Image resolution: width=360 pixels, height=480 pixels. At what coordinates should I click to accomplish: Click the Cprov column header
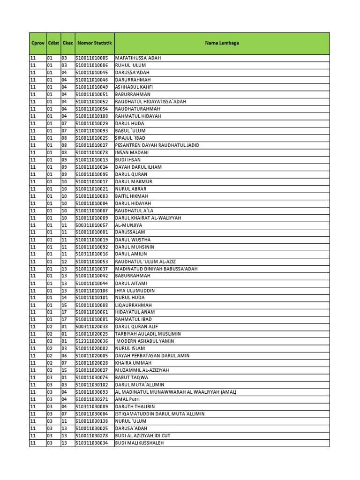click(x=37, y=43)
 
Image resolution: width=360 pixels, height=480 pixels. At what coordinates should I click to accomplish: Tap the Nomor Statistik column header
click(x=95, y=43)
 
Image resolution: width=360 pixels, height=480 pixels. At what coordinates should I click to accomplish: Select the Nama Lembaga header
click(x=222, y=43)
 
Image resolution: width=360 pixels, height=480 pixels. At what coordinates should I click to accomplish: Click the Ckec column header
click(x=67, y=43)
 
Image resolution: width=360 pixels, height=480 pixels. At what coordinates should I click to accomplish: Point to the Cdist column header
click(x=53, y=43)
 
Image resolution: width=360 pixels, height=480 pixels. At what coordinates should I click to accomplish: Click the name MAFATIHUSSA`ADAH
click(x=138, y=58)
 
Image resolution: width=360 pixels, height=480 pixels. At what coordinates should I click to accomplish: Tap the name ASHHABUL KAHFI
click(x=134, y=87)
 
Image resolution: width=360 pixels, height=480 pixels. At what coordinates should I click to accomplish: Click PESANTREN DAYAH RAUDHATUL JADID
click(x=157, y=145)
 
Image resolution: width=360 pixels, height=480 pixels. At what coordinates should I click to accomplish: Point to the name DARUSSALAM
click(x=130, y=232)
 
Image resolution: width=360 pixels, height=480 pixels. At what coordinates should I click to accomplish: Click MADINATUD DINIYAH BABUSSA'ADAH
click(x=156, y=269)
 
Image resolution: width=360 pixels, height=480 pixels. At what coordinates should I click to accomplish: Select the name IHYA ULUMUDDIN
click(x=135, y=291)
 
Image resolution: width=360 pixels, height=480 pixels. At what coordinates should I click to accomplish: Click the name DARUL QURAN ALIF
click(x=137, y=327)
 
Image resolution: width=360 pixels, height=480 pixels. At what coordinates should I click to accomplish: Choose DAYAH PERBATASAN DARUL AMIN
click(x=152, y=356)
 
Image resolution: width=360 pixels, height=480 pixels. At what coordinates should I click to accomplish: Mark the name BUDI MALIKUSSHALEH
click(x=139, y=443)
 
